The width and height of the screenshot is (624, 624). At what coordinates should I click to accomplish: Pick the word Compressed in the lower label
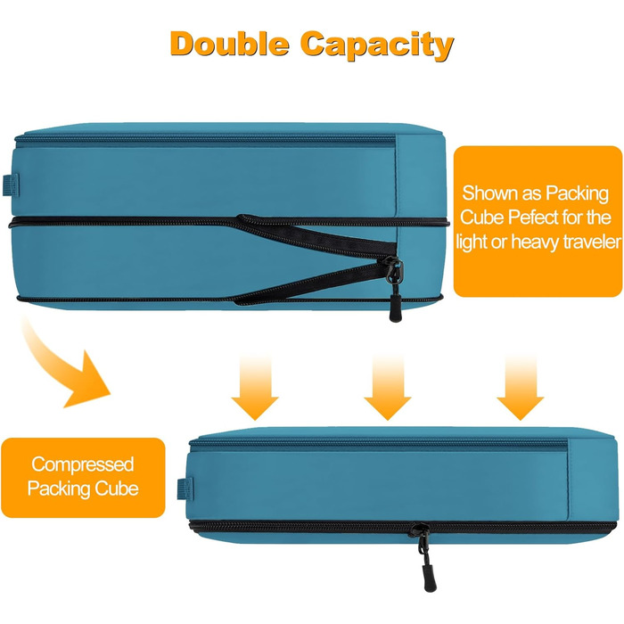(83, 464)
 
